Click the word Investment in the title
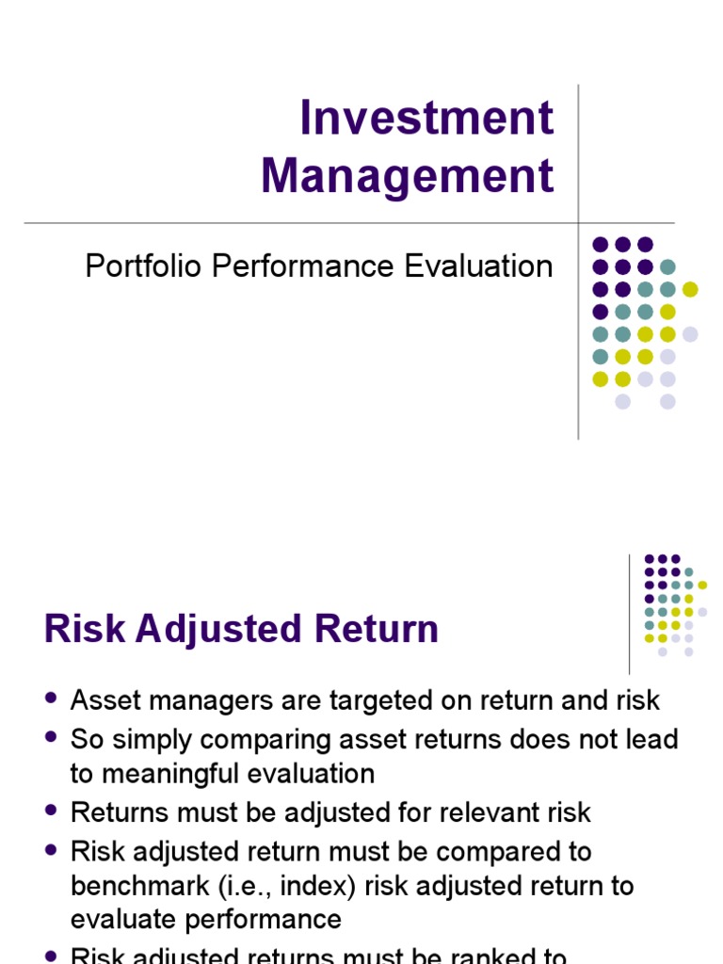426,119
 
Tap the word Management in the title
408,176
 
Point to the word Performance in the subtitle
306,266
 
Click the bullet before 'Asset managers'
52,699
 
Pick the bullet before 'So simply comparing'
52,738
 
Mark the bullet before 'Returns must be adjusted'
52,811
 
